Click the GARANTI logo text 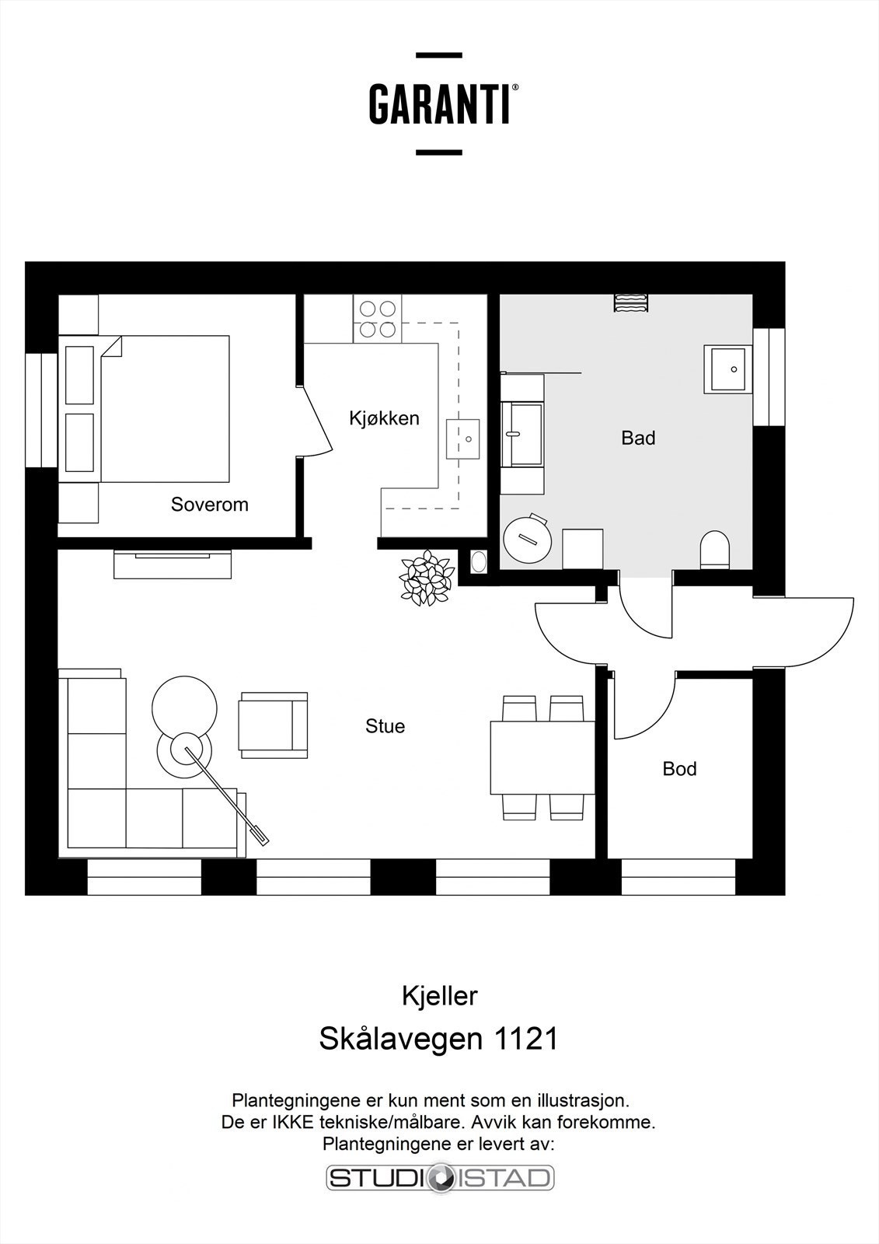click(439, 104)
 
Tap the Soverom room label click(209, 505)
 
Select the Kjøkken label click(384, 418)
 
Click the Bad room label click(638, 439)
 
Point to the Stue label click(385, 726)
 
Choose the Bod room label click(679, 769)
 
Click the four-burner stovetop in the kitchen click(378, 319)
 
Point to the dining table click(542, 757)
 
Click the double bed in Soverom click(163, 409)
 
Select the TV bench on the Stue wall click(173, 564)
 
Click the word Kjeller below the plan click(439, 996)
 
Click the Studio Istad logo click(439, 1178)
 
